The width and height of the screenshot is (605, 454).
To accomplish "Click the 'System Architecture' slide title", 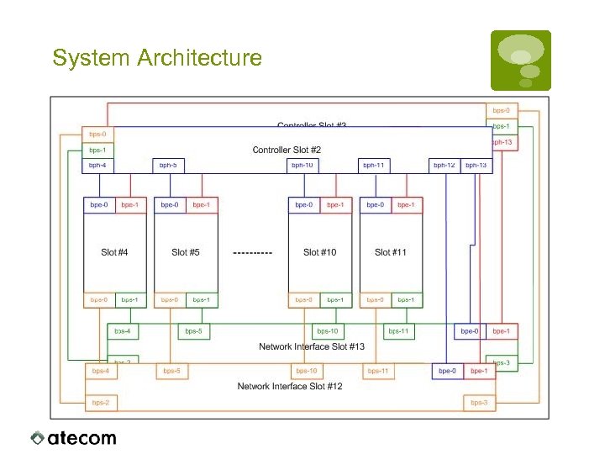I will tap(157, 58).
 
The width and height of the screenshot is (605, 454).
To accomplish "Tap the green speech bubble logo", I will tap(521, 60).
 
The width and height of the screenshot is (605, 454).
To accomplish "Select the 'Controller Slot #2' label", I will tap(287, 150).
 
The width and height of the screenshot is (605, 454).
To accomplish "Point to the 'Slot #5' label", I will tap(185, 252).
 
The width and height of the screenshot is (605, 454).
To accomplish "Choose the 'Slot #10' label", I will tap(319, 252).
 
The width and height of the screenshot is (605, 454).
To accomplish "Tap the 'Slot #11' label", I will tap(391, 252).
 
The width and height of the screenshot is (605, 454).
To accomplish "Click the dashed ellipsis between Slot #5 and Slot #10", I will tap(252, 252).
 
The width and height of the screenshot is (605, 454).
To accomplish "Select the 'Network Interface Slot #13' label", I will tap(312, 346).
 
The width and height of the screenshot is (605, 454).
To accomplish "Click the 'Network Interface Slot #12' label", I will tap(290, 387).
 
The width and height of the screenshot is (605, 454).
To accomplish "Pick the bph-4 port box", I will tap(98, 166).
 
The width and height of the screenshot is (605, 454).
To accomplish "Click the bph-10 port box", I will tap(302, 166).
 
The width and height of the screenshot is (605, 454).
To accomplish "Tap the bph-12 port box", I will tap(445, 166).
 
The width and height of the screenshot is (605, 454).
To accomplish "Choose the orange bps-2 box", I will tap(100, 403).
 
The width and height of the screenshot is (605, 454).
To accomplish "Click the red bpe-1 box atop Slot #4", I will tap(130, 204).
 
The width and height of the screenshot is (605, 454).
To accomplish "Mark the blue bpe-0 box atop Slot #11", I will tap(375, 204).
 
